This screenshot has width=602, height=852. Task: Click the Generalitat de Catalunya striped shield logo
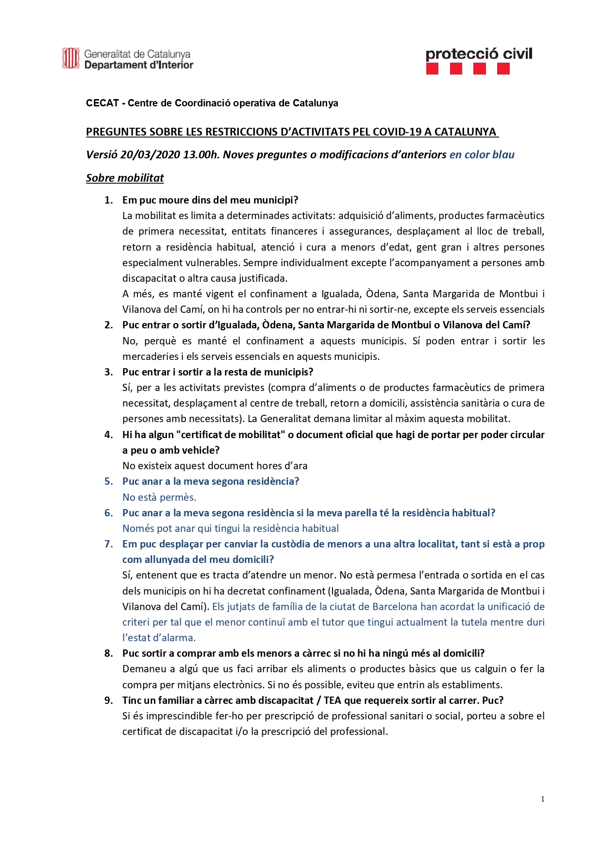coord(71,58)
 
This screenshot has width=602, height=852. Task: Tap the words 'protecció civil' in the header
coord(479,54)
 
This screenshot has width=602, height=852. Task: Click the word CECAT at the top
coord(102,103)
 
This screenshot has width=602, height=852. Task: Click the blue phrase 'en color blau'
coord(482,154)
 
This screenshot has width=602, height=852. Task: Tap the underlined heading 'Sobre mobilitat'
coord(125,178)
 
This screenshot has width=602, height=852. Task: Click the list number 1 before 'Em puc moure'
coord(108,200)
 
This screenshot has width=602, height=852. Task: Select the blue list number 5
coord(108,481)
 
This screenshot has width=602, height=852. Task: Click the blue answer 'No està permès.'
coord(159,497)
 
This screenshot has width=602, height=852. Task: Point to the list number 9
coord(108,700)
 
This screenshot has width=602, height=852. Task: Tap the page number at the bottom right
coord(542,799)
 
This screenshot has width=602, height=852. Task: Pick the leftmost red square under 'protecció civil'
coord(432,69)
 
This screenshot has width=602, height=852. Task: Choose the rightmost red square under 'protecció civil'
coord(503,69)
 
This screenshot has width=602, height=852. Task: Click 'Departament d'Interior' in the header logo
coord(139,65)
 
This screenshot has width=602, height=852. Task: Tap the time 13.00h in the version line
coord(201,154)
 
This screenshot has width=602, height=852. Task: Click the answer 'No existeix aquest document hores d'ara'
coord(215,466)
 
